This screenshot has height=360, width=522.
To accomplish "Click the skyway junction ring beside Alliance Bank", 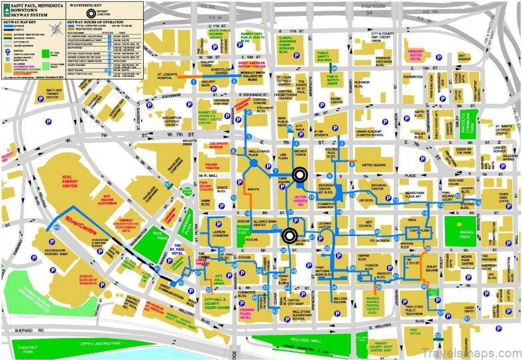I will pos(289,235).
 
